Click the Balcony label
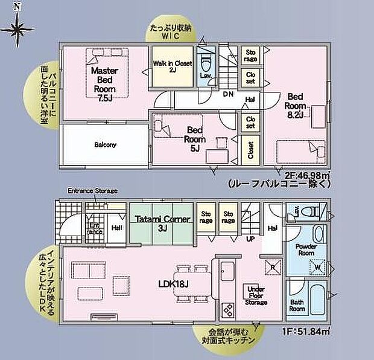click(105, 144)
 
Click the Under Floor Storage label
click(256, 295)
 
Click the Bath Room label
click(296, 304)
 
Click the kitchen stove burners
click(229, 310)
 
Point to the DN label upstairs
click(229, 94)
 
